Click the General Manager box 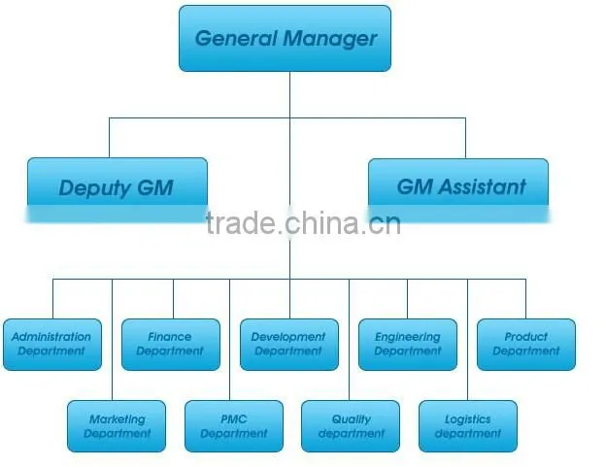pos(285,38)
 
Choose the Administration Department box pos(52,345)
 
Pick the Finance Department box pos(171,345)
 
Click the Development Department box pos(289,345)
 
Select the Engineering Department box pos(408,345)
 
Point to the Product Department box pos(526,345)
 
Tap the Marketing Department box pos(117,426)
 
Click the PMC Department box pos(234,426)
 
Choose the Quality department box pos(351,426)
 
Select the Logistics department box pos(468,426)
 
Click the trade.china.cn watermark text pos(303,223)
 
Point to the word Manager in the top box pos(329,39)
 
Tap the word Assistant pos(483,187)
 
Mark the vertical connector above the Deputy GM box pos(110,138)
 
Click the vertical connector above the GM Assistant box pos(465,138)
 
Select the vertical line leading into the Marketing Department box pos(112,340)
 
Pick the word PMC pos(234,419)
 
